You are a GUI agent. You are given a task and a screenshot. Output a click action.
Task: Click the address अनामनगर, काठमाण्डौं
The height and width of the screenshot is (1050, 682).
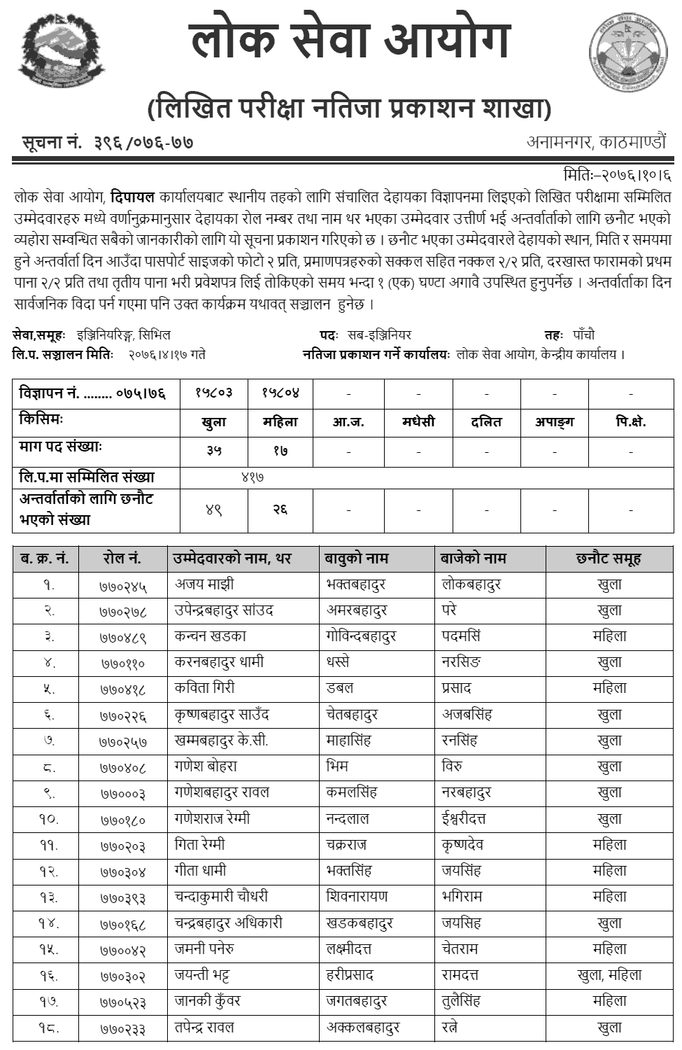pos(597,142)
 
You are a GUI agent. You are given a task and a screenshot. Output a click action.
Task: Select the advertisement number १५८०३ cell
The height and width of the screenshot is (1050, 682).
pos(214,393)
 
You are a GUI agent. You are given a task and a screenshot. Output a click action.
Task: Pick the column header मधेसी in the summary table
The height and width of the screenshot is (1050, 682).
pos(418,421)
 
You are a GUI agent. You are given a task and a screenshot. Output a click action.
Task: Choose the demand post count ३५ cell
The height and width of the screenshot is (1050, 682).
pos(214,451)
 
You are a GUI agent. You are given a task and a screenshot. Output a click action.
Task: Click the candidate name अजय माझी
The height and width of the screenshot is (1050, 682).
pos(204,584)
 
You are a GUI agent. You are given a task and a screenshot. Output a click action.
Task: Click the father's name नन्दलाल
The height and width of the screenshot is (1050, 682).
pos(348,818)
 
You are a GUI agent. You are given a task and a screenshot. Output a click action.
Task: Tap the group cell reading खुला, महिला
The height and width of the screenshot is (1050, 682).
pos(609,975)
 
